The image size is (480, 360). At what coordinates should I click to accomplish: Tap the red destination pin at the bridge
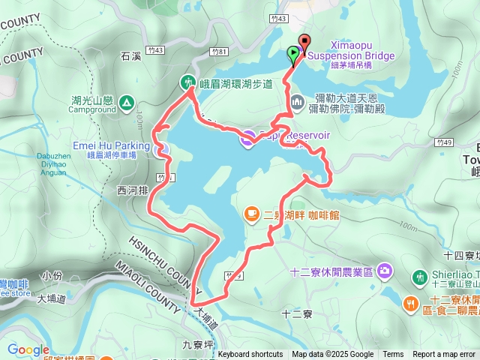(x=303, y=43)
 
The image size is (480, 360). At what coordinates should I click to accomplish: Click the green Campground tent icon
(x=126, y=102)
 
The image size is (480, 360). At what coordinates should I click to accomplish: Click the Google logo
(x=28, y=349)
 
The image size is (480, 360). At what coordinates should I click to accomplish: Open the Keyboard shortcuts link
(x=250, y=355)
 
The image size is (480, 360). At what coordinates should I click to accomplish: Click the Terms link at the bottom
(x=393, y=355)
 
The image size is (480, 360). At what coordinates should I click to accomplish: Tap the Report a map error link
(x=444, y=355)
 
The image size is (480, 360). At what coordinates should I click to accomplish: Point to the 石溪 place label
(x=130, y=56)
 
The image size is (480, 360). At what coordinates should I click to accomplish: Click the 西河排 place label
(x=132, y=190)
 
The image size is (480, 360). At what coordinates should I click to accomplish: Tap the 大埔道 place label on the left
(x=51, y=298)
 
